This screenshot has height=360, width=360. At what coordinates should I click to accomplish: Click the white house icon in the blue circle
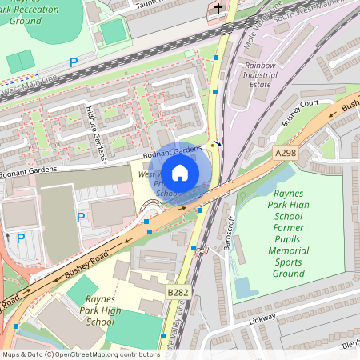tap(180, 172)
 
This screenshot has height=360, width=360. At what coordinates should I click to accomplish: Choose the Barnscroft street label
tap(230, 233)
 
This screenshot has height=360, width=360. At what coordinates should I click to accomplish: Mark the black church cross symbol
tap(218, 10)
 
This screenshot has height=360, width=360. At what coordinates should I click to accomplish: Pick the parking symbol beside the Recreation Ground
tap(74, 62)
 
